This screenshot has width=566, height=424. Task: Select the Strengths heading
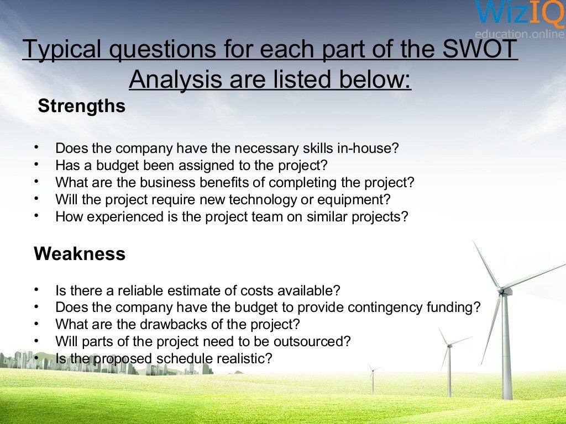click(x=81, y=106)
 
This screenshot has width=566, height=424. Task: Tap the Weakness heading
click(x=80, y=254)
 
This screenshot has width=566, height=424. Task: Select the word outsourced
click(x=314, y=341)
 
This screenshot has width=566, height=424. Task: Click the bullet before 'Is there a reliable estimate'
click(x=36, y=289)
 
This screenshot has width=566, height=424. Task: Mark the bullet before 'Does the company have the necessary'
click(x=36, y=148)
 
